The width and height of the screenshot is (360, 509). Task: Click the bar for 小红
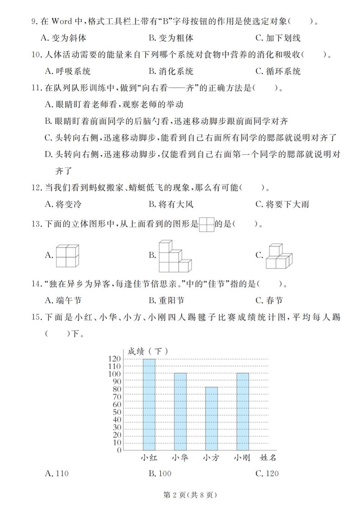tap(149, 404)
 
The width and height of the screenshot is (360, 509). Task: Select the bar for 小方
tap(211, 418)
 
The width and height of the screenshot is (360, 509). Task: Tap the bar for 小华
tap(180, 411)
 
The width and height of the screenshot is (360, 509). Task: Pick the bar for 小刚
tap(242, 411)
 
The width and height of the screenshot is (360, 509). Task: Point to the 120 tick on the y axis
tap(115, 359)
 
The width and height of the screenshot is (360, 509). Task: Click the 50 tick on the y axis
tap(117, 412)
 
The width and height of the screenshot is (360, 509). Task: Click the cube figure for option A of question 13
tap(67, 256)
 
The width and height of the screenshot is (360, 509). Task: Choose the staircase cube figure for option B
tap(175, 256)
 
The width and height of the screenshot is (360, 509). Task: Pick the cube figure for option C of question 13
tap(279, 257)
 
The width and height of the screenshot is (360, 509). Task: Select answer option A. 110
tap(57, 474)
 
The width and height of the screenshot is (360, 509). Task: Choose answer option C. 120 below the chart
tap(267, 474)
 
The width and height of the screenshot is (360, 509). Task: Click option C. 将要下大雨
tap(282, 204)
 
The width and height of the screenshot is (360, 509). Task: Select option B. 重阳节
tap(166, 300)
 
